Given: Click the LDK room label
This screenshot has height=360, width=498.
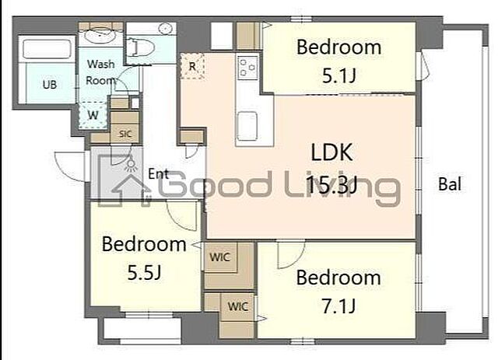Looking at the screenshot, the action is (x=331, y=152).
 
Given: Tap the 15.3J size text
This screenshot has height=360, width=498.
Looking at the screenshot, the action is (x=332, y=185).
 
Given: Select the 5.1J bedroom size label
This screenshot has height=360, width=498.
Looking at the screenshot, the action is (x=338, y=76).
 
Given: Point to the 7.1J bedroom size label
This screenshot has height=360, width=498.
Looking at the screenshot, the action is (x=338, y=306).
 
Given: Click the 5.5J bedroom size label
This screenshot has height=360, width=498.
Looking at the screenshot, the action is (x=144, y=272).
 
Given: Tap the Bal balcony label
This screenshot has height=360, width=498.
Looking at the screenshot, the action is (x=450, y=184).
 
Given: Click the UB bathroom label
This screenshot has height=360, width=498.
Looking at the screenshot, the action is (x=50, y=85).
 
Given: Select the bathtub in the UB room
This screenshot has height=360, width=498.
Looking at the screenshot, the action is (x=47, y=49).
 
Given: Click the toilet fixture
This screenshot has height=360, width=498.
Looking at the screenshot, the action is (x=140, y=47).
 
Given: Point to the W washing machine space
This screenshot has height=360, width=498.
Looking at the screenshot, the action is (x=93, y=115).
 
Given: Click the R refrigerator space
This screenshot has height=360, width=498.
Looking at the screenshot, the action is (x=192, y=66).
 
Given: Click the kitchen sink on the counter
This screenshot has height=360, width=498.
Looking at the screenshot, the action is (x=247, y=126).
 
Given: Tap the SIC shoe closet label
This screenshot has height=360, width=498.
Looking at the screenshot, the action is (x=125, y=134).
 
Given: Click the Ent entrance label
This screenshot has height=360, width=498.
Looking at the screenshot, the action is (x=158, y=174).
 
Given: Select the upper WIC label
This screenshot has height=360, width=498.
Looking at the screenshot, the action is (x=219, y=257).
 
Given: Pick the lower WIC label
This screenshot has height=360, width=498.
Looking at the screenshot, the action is (x=238, y=306).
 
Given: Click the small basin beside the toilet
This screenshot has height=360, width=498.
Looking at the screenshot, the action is (x=165, y=29).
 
